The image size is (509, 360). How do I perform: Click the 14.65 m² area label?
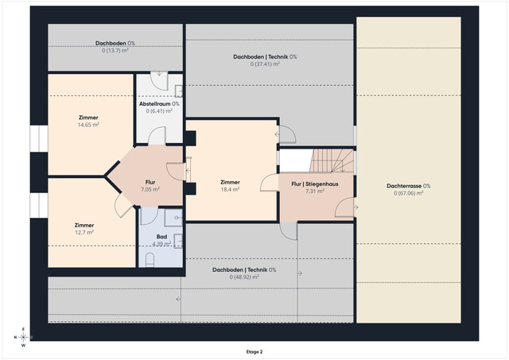(x=88, y=125)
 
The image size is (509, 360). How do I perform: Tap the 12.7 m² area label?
(x=84, y=232)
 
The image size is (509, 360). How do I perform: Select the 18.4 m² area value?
(x=231, y=190)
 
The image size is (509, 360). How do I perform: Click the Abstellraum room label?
(x=159, y=103)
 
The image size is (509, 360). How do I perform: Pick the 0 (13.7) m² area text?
(x=115, y=51)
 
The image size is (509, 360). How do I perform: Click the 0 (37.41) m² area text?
(x=265, y=64)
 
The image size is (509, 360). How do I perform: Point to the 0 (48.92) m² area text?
(x=243, y=277)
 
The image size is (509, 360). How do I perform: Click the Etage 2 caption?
(x=254, y=350)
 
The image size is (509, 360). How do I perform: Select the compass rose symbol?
(x=23, y=336)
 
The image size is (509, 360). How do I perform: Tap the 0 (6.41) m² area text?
(x=159, y=111)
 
